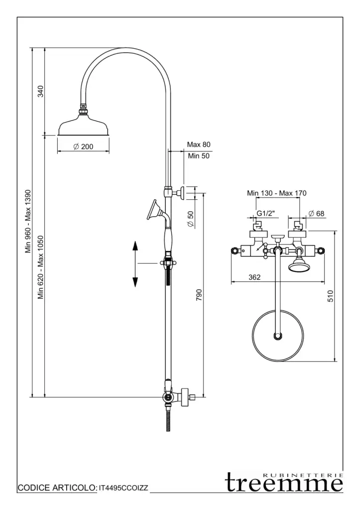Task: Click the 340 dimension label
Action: (41, 91)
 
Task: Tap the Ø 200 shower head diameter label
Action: (83, 146)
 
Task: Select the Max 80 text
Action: (199, 144)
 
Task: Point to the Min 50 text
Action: (199, 156)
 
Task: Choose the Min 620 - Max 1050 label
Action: (41, 267)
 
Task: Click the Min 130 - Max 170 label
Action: (277, 193)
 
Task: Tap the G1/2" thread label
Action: (266, 213)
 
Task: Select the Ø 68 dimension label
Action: (316, 213)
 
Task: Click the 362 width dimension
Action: (255, 277)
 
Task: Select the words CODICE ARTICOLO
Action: (57, 489)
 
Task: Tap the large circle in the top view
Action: (277, 335)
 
